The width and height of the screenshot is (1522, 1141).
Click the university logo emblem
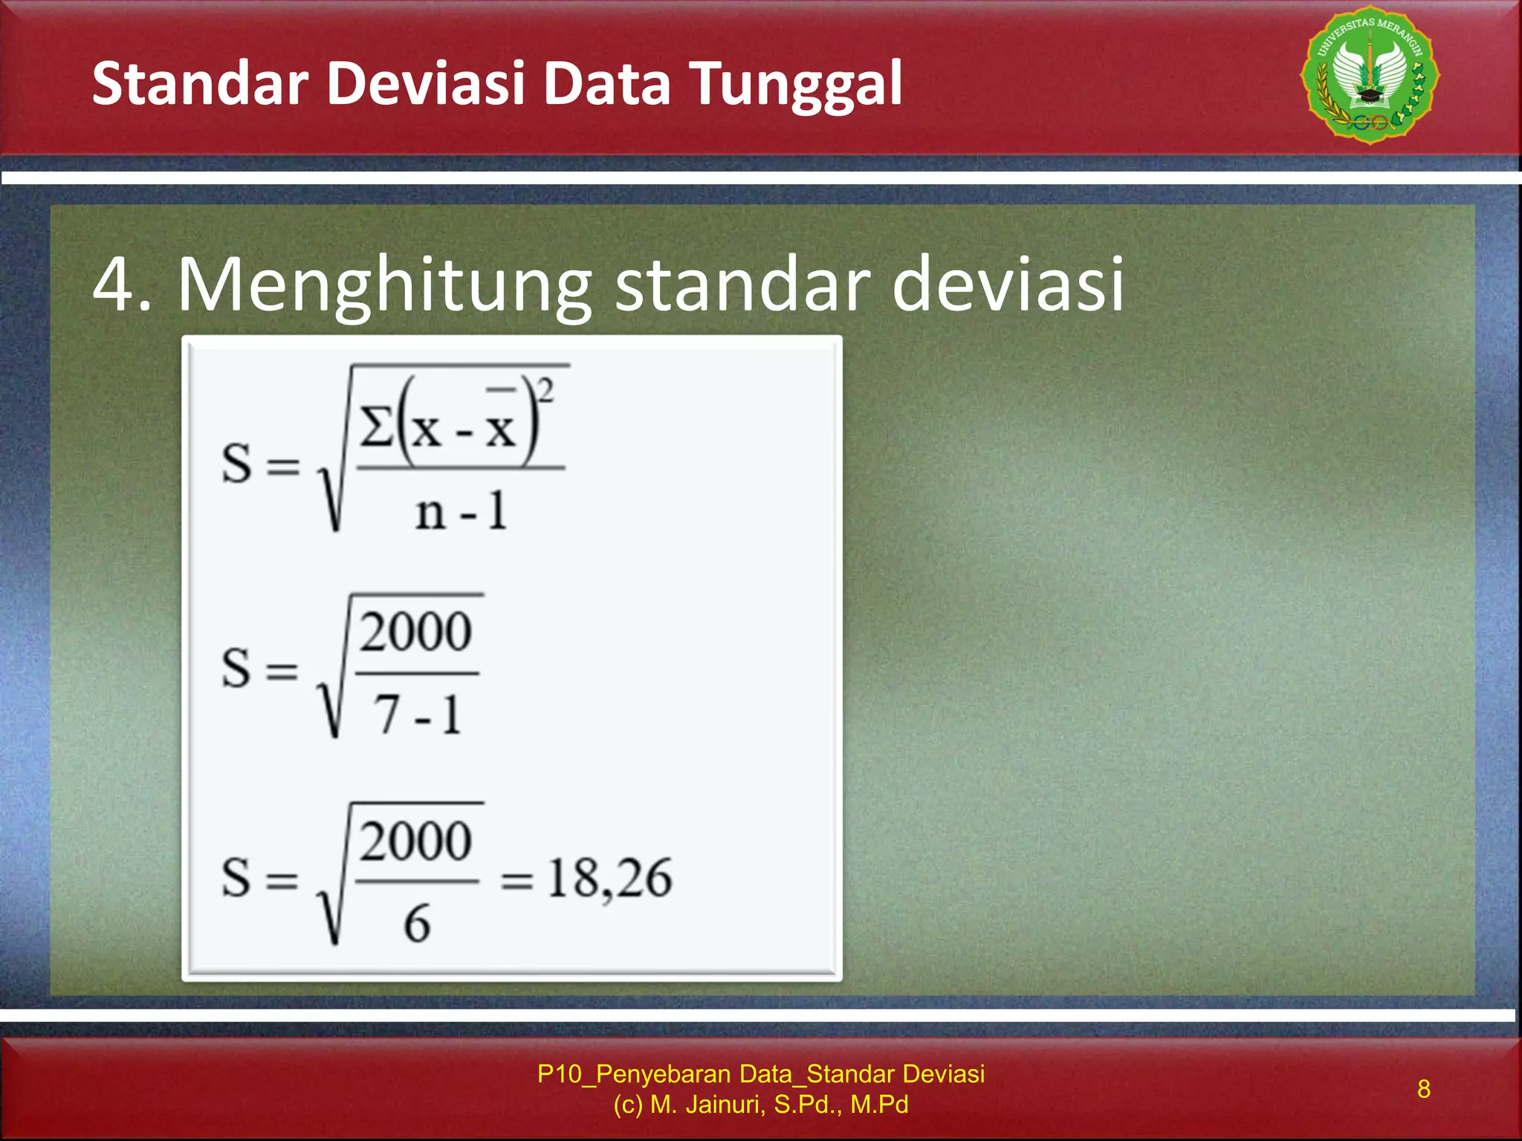tap(1370, 75)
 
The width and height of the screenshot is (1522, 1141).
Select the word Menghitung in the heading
tap(384, 285)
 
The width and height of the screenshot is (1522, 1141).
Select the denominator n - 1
tap(461, 512)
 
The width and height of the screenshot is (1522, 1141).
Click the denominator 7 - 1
tap(417, 715)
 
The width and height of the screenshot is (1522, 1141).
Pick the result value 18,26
tap(609, 879)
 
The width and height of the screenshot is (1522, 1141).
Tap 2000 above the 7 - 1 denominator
tap(415, 632)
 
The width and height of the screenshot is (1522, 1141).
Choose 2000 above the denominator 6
tap(415, 841)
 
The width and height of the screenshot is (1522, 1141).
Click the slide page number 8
tap(1423, 1088)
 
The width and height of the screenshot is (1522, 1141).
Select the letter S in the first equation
tap(237, 464)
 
